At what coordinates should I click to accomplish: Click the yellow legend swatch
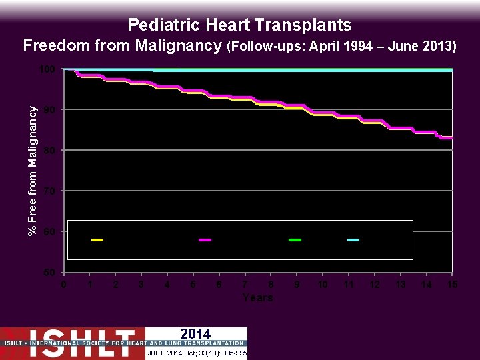point(97,239)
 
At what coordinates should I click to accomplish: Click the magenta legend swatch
point(205,239)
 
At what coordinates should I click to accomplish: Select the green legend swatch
point(295,239)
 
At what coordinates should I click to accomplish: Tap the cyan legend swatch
point(353,239)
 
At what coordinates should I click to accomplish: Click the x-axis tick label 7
point(245,285)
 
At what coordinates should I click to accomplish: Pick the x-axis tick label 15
point(452,285)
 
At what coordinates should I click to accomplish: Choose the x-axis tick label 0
point(63,285)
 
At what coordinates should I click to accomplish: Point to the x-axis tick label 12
point(375,285)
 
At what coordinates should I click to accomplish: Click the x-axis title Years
point(258,297)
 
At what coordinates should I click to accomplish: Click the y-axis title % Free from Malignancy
point(31,163)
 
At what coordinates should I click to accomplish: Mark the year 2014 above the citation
point(195,334)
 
